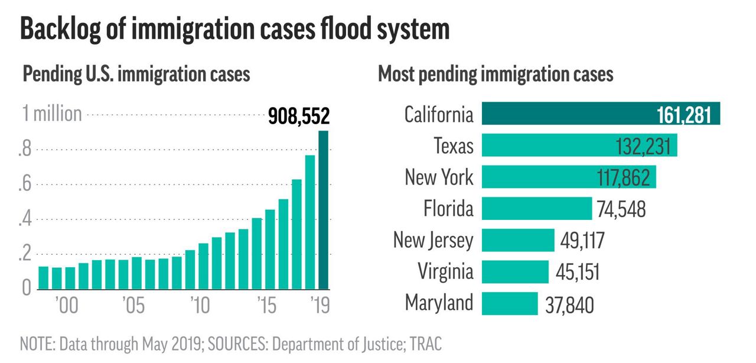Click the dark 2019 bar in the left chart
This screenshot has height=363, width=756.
click(323, 210)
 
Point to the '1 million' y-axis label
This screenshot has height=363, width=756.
click(52, 114)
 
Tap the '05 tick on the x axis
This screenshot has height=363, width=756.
click(133, 306)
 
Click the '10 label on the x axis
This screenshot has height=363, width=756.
click(200, 306)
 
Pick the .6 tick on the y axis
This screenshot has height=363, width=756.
click(24, 184)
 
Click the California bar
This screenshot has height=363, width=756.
click(601, 114)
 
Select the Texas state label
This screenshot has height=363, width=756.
click(453, 145)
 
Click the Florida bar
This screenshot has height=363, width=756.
click(536, 209)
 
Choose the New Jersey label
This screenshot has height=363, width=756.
click(433, 240)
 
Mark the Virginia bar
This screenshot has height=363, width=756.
click(515, 271)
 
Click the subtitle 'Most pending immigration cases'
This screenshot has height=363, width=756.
click(495, 74)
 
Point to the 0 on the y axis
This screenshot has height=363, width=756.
click(27, 289)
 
